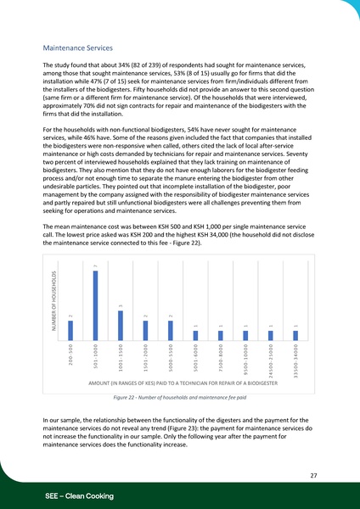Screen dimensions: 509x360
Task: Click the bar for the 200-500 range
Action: (x=70, y=332)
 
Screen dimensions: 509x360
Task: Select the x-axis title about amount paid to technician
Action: (x=183, y=384)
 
